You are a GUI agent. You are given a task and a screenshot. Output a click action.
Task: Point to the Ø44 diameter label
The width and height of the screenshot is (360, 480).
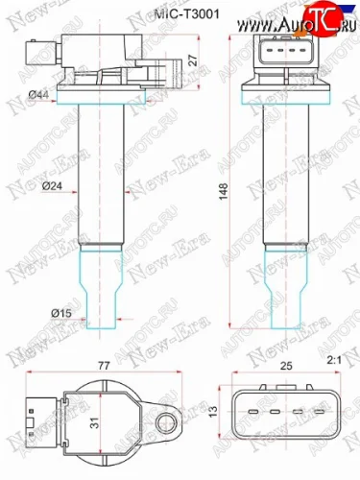coord(39,93)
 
